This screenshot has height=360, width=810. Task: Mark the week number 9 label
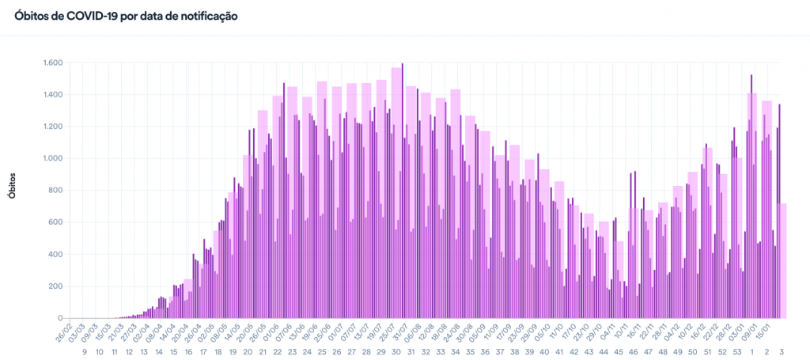pyautogui.click(x=85, y=351)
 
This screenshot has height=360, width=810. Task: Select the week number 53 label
pyautogui.click(x=736, y=351)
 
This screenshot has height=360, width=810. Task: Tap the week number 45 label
pyautogui.click(x=619, y=351)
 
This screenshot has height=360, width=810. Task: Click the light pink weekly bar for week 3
pyautogui.click(x=782, y=260)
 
